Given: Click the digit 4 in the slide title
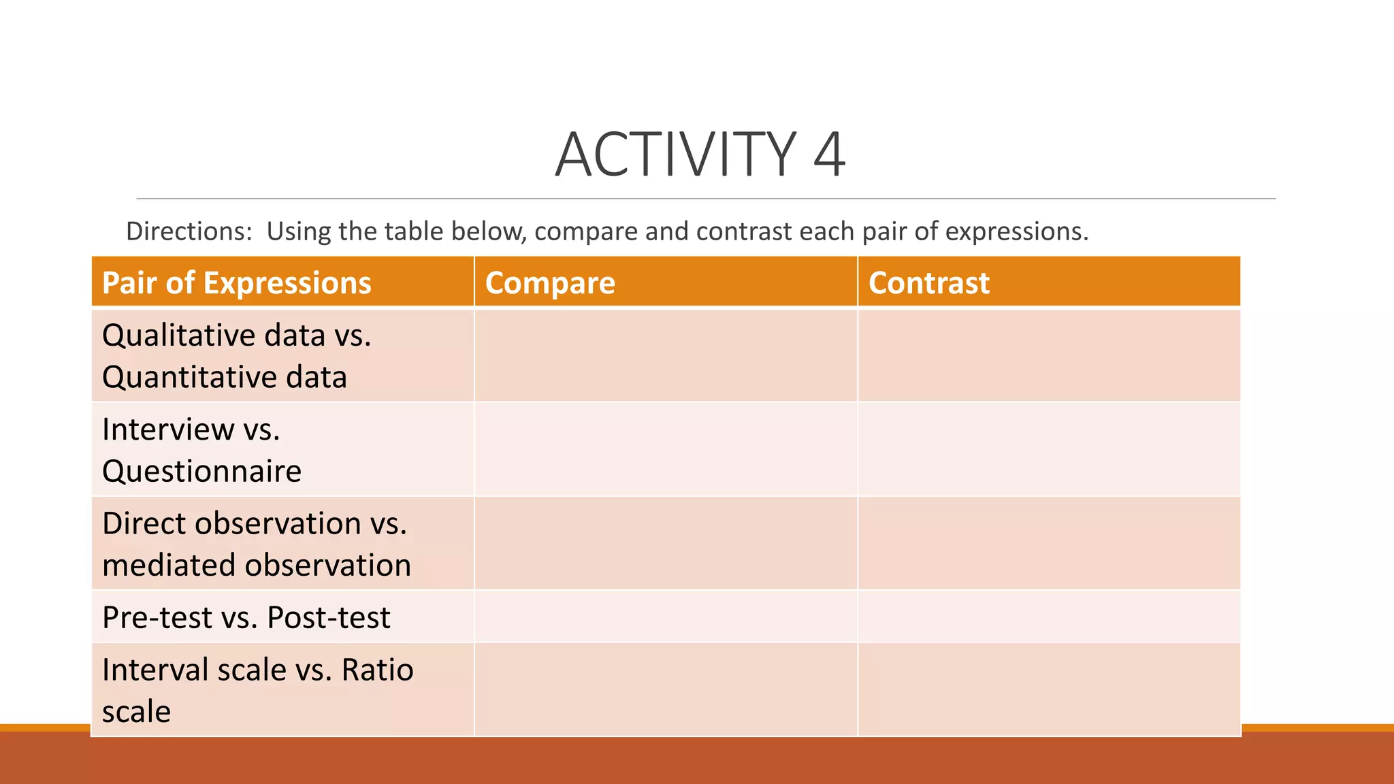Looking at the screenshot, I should (828, 154).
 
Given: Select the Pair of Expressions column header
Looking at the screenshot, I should (236, 282).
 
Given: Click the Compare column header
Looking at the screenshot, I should (549, 282).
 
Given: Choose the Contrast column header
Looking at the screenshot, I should (928, 282).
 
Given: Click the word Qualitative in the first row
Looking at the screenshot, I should (179, 336).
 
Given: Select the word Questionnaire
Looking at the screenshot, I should (201, 471).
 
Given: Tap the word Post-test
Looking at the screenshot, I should (328, 617).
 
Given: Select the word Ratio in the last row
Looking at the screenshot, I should (377, 670).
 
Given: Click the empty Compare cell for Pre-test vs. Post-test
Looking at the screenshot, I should (665, 617).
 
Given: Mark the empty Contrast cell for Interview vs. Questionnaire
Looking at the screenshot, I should (1048, 449).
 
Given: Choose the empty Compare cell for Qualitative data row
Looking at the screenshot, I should (665, 355).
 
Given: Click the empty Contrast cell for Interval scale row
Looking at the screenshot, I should (1048, 689).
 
